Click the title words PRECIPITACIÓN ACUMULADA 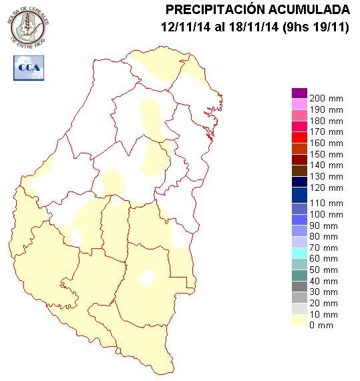[x=257, y=9]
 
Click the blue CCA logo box [x=27, y=67]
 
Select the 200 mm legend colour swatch [x=299, y=93]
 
